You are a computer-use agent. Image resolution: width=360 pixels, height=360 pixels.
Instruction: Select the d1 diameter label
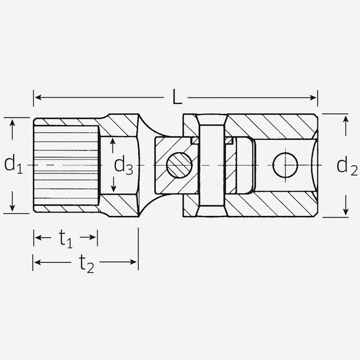tap(13, 164)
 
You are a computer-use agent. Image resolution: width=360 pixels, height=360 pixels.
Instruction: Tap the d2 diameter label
tap(346, 165)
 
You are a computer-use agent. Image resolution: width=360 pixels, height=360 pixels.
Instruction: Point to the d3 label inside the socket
tap(123, 165)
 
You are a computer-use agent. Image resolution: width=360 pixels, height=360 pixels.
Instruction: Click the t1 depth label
tap(65, 239)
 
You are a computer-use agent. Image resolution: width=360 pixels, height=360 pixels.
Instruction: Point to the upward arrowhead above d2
tap(345, 118)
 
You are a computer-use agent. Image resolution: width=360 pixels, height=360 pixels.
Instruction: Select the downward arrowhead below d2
tap(345, 212)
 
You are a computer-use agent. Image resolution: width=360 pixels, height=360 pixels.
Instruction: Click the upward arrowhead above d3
tap(113, 142)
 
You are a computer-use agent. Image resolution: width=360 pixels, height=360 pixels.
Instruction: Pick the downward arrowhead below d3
tap(113, 188)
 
